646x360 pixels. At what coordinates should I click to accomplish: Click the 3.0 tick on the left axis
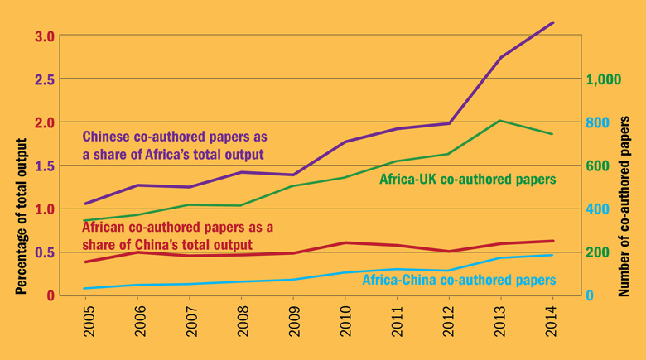pyautogui.click(x=45, y=36)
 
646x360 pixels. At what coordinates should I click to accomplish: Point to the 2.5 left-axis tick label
pyautogui.click(x=45, y=79)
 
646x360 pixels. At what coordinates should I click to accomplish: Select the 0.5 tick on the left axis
pyautogui.click(x=45, y=252)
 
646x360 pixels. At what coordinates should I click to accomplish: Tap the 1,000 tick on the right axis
pyautogui.click(x=604, y=80)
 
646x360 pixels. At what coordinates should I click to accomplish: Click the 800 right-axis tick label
pyautogui.click(x=598, y=123)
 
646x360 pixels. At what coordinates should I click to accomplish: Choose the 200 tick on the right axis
pyautogui.click(x=598, y=252)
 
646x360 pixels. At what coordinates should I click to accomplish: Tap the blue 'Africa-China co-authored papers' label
pyautogui.click(x=460, y=281)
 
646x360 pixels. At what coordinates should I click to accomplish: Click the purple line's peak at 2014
pyautogui.click(x=552, y=22)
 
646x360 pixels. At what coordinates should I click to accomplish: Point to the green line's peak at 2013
pyautogui.click(x=501, y=121)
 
